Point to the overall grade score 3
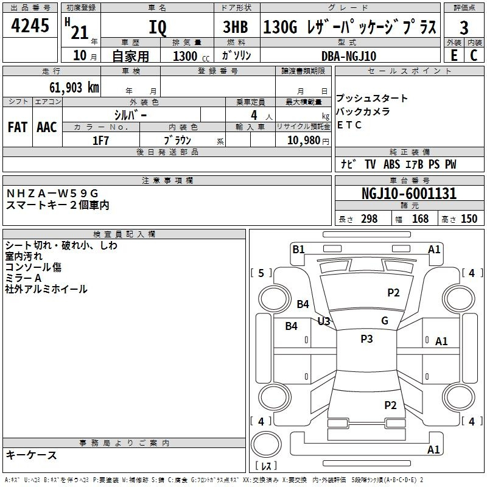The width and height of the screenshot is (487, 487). [464, 28]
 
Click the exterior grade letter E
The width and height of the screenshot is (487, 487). [454, 55]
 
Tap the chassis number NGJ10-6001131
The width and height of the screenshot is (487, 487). [408, 194]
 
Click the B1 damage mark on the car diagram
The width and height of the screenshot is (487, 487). [298, 249]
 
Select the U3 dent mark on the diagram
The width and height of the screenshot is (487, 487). [323, 321]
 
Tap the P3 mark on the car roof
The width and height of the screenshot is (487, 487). [366, 339]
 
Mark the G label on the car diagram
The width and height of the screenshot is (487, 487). [385, 321]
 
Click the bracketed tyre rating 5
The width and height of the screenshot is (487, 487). [261, 273]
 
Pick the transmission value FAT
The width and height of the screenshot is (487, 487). [17, 127]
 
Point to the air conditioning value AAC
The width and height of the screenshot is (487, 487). [47, 127]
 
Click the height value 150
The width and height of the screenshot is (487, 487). [469, 219]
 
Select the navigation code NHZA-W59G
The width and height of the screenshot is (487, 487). [52, 194]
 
